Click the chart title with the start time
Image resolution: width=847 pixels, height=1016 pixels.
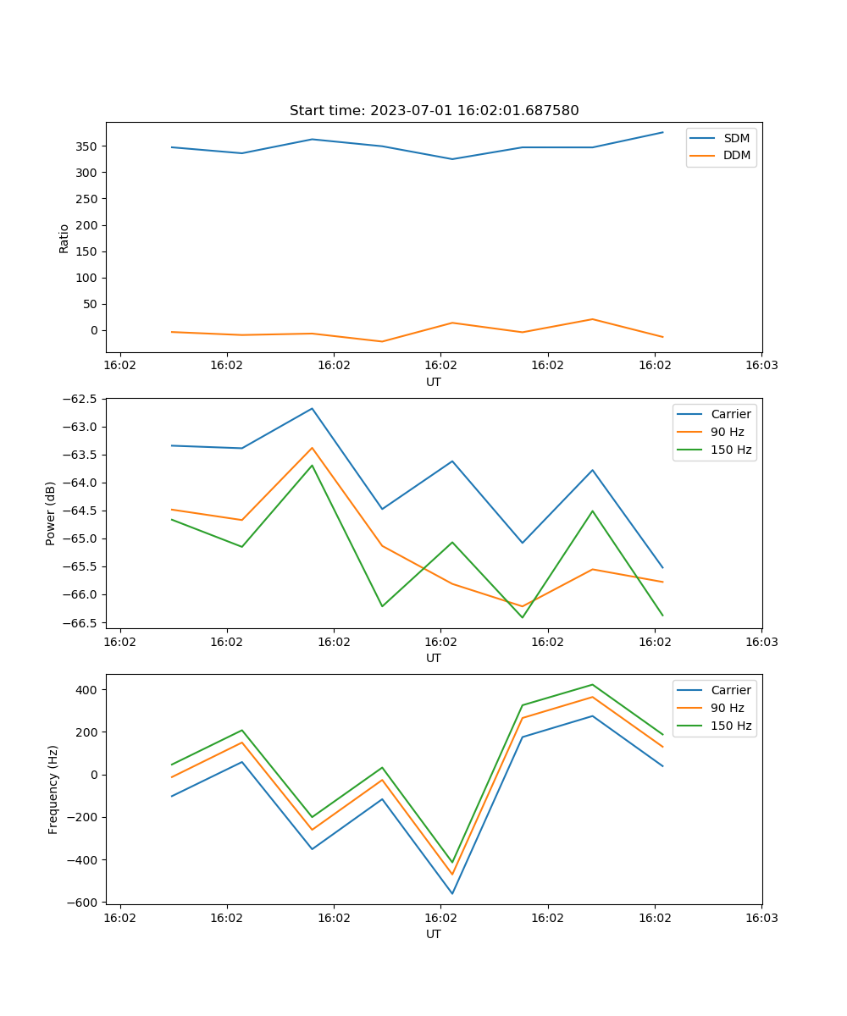(x=434, y=111)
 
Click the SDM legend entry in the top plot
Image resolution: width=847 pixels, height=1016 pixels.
(x=736, y=138)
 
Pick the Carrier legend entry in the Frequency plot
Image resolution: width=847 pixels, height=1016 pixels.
(x=730, y=690)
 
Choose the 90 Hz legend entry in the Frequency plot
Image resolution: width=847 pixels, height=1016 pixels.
(x=727, y=708)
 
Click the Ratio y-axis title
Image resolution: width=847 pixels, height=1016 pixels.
(x=64, y=239)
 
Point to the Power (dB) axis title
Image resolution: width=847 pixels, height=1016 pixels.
(x=51, y=513)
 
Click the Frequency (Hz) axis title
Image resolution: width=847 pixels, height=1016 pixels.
(x=53, y=789)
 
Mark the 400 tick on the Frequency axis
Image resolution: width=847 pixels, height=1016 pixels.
(x=87, y=690)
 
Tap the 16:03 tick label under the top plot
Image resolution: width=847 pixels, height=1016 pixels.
(x=761, y=366)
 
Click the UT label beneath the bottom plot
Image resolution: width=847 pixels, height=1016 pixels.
(x=434, y=934)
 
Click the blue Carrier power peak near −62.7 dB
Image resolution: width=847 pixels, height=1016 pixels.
(x=312, y=408)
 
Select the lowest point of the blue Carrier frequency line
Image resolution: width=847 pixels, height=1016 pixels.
(x=452, y=893)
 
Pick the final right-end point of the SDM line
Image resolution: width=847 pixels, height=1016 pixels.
(x=662, y=132)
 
